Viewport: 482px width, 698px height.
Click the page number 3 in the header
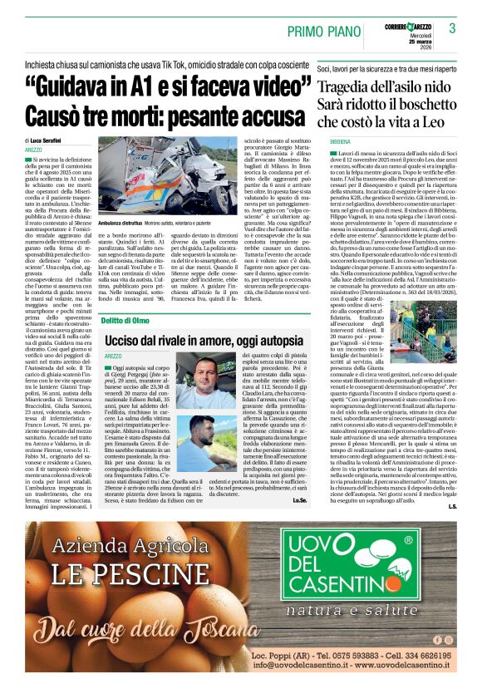[x=453, y=28]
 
